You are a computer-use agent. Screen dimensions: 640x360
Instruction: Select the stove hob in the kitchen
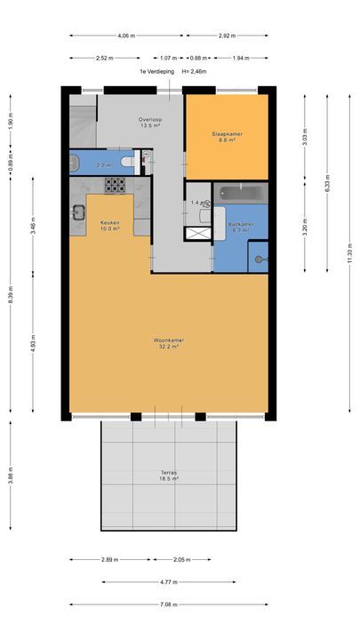pyautogui.click(x=115, y=185)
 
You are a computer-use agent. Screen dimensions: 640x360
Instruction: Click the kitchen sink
pyautogui.click(x=77, y=212)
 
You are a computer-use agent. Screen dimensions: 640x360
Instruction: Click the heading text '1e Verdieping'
pyautogui.click(x=156, y=71)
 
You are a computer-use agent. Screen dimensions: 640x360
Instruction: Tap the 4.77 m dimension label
pyautogui.click(x=169, y=582)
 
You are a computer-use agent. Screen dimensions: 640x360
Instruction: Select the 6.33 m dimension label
pyautogui.click(x=327, y=188)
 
